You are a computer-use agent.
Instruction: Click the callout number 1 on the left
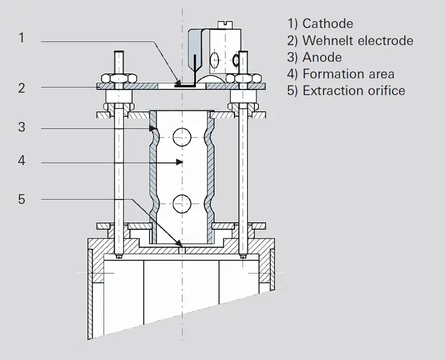(x=21, y=38)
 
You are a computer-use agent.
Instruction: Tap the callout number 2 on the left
(x=21, y=88)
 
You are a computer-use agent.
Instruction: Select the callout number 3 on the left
(x=21, y=127)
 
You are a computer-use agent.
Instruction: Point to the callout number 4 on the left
(x=21, y=160)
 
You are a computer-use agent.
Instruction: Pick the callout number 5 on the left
(x=21, y=200)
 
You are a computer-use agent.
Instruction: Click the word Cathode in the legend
(x=328, y=24)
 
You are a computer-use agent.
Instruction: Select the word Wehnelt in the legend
(x=328, y=41)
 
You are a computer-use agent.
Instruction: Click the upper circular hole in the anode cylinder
(x=182, y=137)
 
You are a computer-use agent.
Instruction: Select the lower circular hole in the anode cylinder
(x=182, y=204)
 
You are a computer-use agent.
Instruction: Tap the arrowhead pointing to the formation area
(x=179, y=162)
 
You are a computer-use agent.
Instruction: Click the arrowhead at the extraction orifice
(x=179, y=243)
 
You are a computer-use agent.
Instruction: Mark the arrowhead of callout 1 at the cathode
(x=178, y=83)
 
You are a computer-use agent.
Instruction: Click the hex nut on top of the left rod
(x=118, y=78)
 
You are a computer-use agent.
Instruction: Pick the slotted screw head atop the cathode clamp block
(x=225, y=25)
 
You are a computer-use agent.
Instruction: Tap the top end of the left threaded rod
(x=118, y=52)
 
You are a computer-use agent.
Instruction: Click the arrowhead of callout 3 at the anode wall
(x=153, y=129)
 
